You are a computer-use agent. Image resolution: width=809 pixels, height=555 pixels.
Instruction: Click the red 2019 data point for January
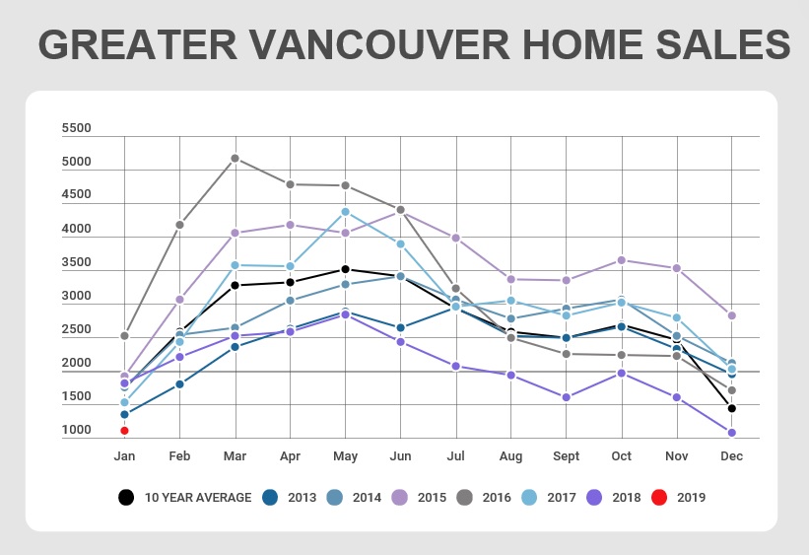pyautogui.click(x=124, y=431)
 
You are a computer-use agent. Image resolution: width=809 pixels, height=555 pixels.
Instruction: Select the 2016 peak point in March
pyautogui.click(x=235, y=158)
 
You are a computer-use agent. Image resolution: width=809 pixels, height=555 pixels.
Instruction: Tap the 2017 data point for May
pyautogui.click(x=345, y=212)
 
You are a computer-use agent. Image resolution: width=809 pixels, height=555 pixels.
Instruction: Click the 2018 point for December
pyautogui.click(x=731, y=433)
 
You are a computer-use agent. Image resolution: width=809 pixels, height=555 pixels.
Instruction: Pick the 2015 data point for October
pyautogui.click(x=622, y=260)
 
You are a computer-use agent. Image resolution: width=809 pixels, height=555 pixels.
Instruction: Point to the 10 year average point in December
pyautogui.click(x=731, y=408)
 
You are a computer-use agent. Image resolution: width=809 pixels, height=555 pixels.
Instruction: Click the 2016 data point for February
pyautogui.click(x=179, y=225)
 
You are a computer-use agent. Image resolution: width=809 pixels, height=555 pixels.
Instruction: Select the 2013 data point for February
pyautogui.click(x=179, y=384)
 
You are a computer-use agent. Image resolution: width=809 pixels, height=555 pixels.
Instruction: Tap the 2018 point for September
pyautogui.click(x=566, y=397)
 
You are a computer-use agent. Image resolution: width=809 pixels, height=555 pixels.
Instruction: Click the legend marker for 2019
pyautogui.click(x=659, y=497)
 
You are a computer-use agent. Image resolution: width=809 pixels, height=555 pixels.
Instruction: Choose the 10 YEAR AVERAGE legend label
pyautogui.click(x=198, y=497)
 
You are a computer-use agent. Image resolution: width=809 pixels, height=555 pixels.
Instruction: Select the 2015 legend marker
pyautogui.click(x=400, y=497)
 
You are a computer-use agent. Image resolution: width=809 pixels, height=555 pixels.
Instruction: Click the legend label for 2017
pyautogui.click(x=562, y=497)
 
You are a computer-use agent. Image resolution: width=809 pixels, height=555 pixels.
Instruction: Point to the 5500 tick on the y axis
pyautogui.click(x=76, y=128)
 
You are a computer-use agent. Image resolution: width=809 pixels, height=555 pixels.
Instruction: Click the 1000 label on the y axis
pyautogui.click(x=76, y=430)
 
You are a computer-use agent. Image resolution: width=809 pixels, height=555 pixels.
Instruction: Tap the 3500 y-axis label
pyautogui.click(x=76, y=262)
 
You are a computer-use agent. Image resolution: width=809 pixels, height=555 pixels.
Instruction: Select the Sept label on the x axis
pyautogui.click(x=566, y=456)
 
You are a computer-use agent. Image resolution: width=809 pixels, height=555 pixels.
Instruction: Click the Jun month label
pyautogui.click(x=400, y=456)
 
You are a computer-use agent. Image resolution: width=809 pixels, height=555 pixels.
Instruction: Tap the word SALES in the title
pyautogui.click(x=723, y=44)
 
